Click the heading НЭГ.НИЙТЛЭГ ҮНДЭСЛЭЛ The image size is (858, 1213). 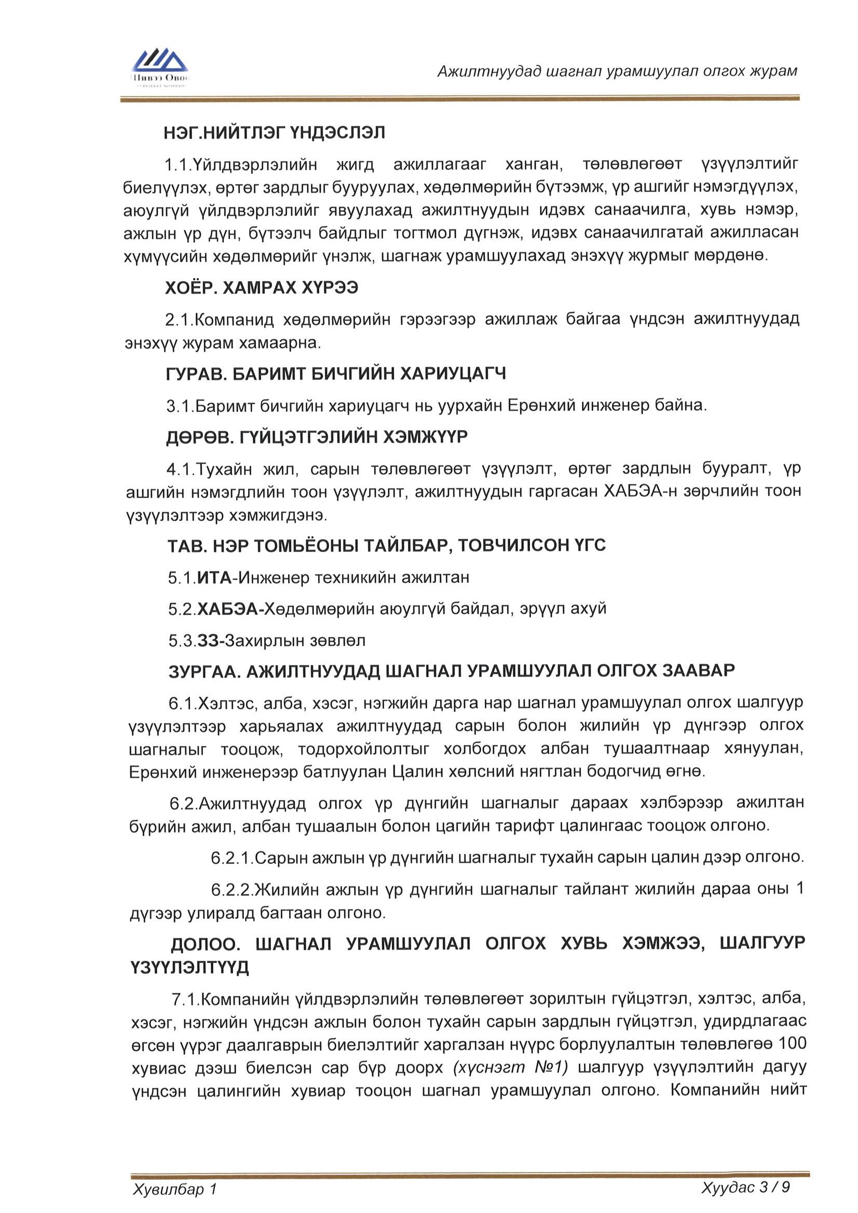274,132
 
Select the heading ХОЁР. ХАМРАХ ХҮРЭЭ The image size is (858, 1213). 261,287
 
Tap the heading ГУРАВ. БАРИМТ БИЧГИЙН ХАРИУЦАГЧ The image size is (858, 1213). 336,374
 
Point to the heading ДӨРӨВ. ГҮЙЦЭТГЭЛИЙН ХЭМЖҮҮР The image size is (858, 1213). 317,437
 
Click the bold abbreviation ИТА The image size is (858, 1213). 214,577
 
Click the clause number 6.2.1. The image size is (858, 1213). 232,858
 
